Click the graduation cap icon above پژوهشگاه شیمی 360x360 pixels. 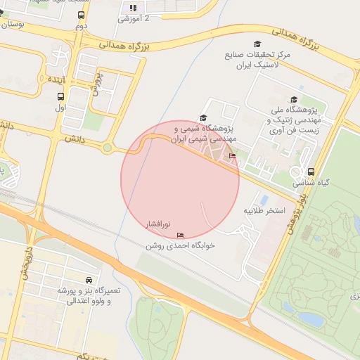pos(203,118)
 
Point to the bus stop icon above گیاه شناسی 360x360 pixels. pos(310,172)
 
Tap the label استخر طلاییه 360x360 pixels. pos(264,210)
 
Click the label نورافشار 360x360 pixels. pos(157,224)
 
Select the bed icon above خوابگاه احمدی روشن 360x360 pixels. pos(181,235)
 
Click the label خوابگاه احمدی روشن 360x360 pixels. pos(180,246)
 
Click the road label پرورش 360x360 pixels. pos(96,83)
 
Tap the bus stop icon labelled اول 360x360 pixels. pos(60,97)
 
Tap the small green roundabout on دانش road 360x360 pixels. pos(107,148)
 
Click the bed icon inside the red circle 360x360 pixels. pos(232,155)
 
